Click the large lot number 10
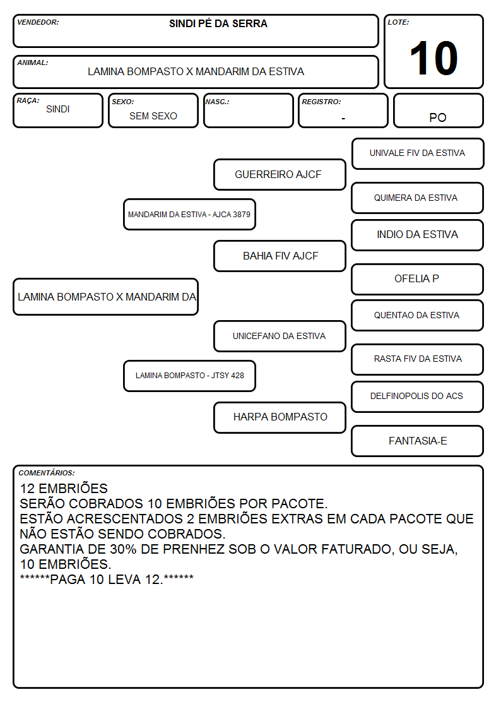[433, 58]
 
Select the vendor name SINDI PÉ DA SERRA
[218, 23]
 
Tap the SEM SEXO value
[153, 116]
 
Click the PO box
[438, 110]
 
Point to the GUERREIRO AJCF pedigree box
[280, 174]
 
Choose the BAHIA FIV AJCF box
[280, 256]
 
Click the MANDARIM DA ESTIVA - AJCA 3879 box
[189, 214]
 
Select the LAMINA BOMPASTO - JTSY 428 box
[189, 376]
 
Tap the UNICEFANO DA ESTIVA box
[280, 336]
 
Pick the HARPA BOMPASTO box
[280, 417]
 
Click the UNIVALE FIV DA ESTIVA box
[418, 154]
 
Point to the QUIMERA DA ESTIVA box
[418, 198]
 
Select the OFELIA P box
[418, 279]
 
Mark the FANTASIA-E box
[418, 441]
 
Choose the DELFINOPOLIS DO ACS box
[418, 396]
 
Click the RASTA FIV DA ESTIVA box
[418, 359]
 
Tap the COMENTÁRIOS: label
[47, 473]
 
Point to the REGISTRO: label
[321, 102]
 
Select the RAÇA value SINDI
[58, 109]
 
